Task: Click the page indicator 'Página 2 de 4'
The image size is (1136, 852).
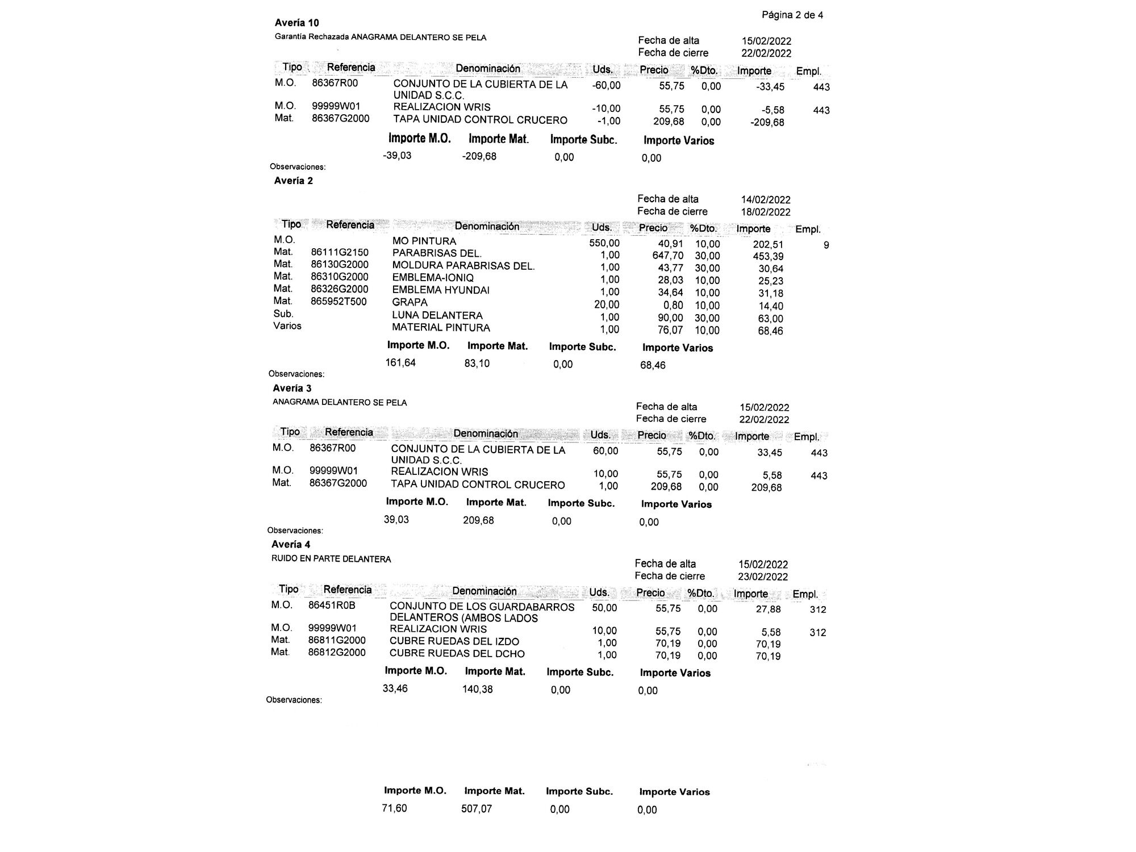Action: [x=792, y=15]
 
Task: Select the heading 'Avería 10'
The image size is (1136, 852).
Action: [x=296, y=23]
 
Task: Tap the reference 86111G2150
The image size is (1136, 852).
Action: [x=339, y=253]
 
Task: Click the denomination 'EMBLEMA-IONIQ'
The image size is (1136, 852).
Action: [x=433, y=278]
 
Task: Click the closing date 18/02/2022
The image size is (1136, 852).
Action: [x=766, y=212]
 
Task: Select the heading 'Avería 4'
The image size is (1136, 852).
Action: [x=291, y=545]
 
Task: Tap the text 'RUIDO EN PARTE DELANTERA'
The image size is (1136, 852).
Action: [x=331, y=559]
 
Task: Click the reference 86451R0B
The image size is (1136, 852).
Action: [x=332, y=605]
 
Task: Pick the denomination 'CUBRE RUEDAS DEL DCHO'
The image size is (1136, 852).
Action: [x=457, y=654]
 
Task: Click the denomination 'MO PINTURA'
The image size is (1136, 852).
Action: [x=424, y=241]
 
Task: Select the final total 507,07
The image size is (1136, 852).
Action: [x=477, y=809]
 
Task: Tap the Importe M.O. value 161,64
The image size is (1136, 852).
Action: [x=400, y=363]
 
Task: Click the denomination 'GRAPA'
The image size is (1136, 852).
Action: [x=410, y=303]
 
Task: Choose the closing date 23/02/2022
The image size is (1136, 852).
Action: [x=763, y=577]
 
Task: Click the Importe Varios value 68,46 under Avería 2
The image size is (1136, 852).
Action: [x=653, y=365]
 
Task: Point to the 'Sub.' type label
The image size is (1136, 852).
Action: [x=283, y=314]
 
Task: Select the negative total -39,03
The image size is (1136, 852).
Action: [x=397, y=156]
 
